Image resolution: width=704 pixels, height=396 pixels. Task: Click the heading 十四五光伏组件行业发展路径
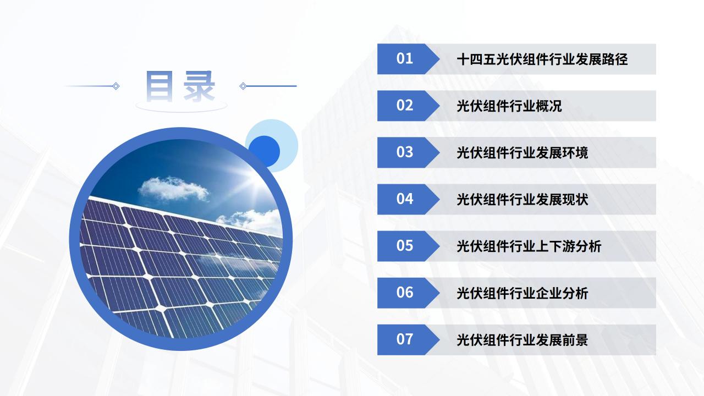coord(542,59)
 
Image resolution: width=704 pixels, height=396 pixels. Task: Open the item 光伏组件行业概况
coord(509,106)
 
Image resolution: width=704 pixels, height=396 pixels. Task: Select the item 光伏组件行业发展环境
coord(522,153)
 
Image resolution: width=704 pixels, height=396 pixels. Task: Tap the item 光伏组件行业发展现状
coord(522,200)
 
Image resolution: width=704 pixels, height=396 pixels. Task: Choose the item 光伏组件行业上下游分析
coord(529,246)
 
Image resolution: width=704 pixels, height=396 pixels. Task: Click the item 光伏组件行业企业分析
coord(522,293)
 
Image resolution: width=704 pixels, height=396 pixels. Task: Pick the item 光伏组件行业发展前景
coord(522,340)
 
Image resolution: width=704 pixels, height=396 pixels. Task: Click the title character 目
coord(159,86)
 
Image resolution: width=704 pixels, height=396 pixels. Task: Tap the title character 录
coord(199,86)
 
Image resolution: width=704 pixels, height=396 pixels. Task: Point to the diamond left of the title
coord(116,86)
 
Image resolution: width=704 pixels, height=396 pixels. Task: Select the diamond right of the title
coord(243,86)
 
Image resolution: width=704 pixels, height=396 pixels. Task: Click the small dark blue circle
coord(265,151)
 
